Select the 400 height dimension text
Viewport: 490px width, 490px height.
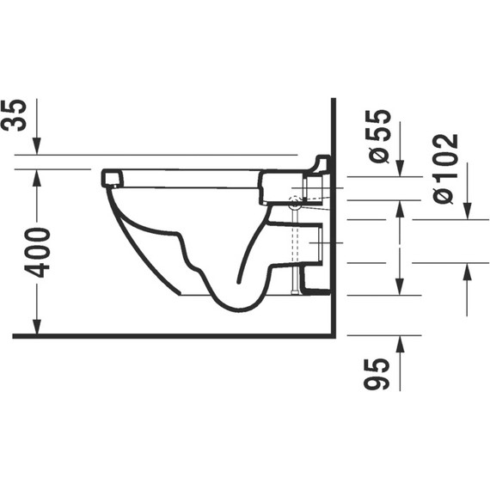[38, 253]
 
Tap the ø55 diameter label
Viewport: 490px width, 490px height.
[379, 136]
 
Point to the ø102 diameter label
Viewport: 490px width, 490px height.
[446, 169]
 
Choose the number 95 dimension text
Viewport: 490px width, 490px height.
[377, 374]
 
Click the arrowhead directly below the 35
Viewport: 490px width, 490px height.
[37, 146]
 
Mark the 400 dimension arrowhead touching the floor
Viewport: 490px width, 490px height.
[37, 327]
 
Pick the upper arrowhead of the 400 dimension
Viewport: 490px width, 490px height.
[37, 178]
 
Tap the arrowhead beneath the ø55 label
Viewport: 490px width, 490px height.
[401, 168]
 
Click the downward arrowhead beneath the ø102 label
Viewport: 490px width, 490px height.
[467, 211]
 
